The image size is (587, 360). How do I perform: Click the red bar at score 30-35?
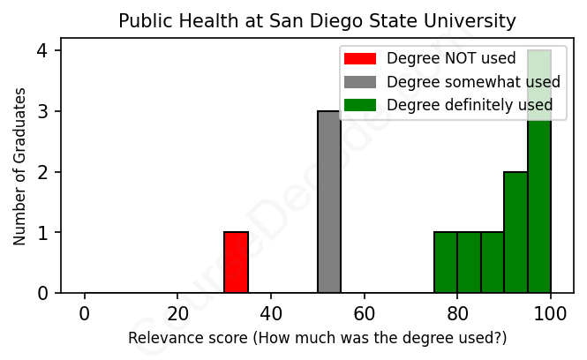point(236,262)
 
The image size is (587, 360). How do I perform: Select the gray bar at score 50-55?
point(329,202)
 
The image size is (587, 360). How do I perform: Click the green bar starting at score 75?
point(446,262)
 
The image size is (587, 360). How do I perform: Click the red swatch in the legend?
point(360,59)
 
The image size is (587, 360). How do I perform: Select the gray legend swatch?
point(360,82)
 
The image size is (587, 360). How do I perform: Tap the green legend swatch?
point(360,105)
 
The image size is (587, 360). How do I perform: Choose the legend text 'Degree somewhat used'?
point(473,82)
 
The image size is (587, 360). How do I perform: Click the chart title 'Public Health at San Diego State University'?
point(317,20)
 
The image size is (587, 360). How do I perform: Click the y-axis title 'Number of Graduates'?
point(19,165)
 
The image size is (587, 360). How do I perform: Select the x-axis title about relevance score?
point(317,338)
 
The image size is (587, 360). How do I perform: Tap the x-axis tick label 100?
point(551,313)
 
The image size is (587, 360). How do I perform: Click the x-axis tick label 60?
point(365,313)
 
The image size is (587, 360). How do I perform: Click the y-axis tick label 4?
point(42,51)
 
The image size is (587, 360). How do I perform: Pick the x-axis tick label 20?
point(177,313)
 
